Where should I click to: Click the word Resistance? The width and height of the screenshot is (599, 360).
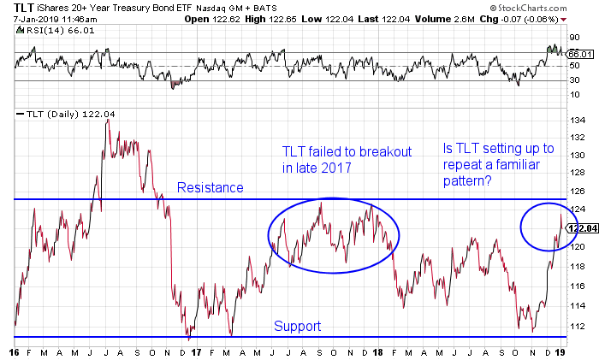pyautogui.click(x=211, y=187)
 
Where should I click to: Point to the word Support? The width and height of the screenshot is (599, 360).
pyautogui.click(x=297, y=326)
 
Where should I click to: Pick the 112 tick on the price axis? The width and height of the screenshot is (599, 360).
pyautogui.click(x=578, y=325)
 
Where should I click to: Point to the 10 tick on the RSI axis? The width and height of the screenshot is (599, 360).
pyautogui.click(x=577, y=94)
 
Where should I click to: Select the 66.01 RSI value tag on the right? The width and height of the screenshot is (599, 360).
pyautogui.click(x=581, y=54)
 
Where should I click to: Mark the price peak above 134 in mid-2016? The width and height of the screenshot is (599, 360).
pyautogui.click(x=107, y=121)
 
